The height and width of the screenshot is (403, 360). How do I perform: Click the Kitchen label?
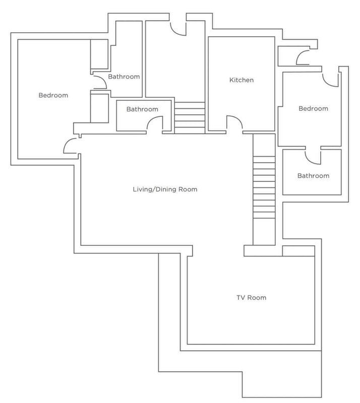coord(242,80)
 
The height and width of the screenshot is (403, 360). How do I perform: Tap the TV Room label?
coord(252,298)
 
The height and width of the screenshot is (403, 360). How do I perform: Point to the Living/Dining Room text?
coord(165,189)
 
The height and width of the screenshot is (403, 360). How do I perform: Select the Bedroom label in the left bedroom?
coord(53,95)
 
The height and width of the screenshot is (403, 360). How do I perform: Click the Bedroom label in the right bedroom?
coord(313,108)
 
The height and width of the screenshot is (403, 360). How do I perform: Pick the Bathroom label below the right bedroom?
coord(313,176)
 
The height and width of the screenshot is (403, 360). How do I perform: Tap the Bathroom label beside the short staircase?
coord(142,109)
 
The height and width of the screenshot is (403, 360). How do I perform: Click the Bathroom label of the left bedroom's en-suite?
coord(124,77)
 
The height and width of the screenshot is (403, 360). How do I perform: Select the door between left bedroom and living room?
coord(70,146)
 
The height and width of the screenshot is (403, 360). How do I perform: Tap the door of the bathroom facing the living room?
coord(155,125)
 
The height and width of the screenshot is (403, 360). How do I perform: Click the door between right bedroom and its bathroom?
coord(313,157)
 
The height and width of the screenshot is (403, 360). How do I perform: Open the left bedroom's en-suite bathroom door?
coord(100,82)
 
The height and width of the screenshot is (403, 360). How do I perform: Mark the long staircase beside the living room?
coord(264,189)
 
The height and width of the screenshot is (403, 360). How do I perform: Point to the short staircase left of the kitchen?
coord(190,118)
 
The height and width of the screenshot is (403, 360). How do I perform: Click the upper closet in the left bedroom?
coord(99,54)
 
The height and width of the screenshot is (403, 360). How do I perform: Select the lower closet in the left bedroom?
coord(99,108)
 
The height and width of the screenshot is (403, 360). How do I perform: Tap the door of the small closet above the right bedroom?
coord(303,57)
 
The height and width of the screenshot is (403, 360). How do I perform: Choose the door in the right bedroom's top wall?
coord(330,80)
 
